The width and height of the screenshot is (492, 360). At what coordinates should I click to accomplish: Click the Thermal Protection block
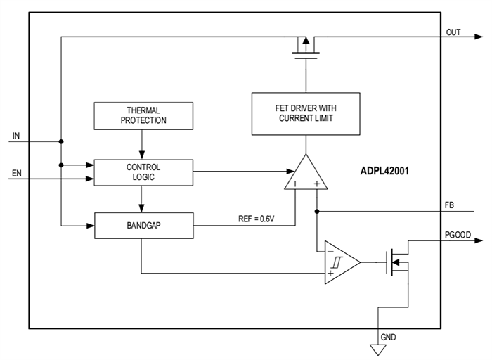(143, 115)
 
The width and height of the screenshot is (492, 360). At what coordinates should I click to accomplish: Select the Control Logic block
(143, 172)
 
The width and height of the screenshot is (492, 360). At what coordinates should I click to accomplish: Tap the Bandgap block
(143, 226)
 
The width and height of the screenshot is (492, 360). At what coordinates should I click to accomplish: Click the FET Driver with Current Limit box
(305, 113)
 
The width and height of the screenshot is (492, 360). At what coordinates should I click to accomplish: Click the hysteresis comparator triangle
(339, 262)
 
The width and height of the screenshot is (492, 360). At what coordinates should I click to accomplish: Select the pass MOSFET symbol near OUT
(305, 48)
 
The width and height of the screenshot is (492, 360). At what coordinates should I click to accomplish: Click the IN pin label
(16, 134)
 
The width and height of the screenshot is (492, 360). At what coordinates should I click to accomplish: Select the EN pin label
(17, 172)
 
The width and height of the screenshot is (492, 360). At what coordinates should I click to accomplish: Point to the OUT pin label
(453, 32)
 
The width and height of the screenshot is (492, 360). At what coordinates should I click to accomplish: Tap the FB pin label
(449, 205)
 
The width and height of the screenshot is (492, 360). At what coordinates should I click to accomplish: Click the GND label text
(389, 337)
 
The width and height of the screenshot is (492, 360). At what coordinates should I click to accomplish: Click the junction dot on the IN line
(62, 141)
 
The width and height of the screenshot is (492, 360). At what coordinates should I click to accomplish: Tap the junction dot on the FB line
(318, 210)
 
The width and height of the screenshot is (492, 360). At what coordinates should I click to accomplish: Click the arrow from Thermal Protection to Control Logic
(143, 145)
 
